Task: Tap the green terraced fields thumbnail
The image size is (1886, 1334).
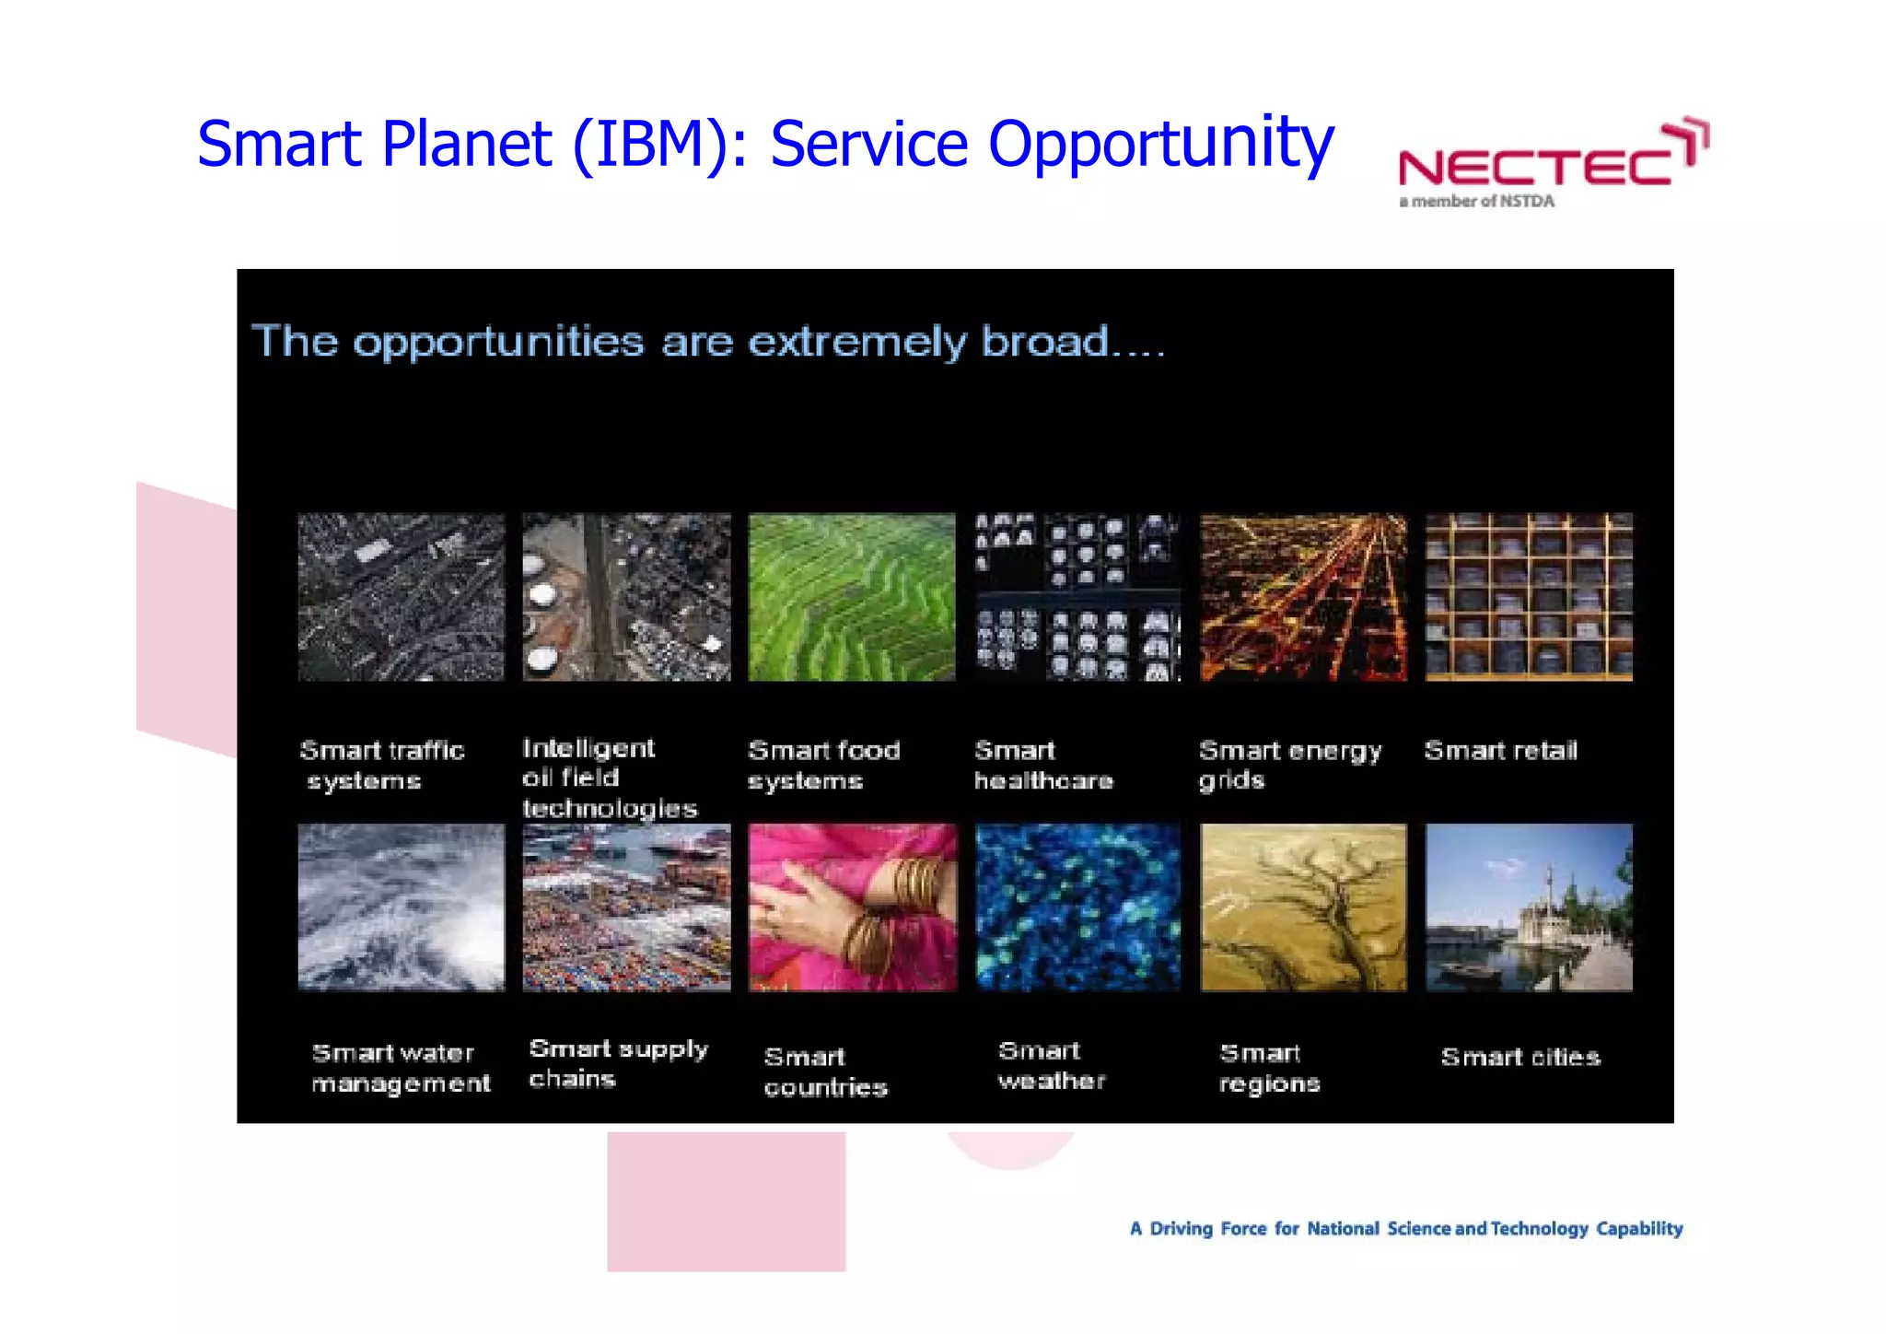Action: (x=852, y=597)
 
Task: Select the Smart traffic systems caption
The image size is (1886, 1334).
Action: (x=381, y=765)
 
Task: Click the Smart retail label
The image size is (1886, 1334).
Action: (x=1500, y=751)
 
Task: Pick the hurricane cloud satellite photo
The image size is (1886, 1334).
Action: (x=402, y=907)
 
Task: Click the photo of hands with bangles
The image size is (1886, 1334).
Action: (x=852, y=907)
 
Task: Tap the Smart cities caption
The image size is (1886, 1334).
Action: (x=1520, y=1057)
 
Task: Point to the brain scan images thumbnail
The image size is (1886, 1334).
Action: (x=1077, y=597)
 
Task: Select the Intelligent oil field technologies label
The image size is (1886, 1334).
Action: (x=608, y=778)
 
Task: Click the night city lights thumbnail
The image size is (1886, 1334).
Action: (x=1303, y=597)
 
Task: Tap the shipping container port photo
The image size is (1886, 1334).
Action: (x=626, y=907)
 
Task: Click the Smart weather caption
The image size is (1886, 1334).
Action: (x=1051, y=1065)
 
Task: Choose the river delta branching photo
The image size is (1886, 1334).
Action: (x=1303, y=907)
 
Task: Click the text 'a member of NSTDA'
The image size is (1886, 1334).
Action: (x=1476, y=201)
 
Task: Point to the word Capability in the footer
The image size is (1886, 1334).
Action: (x=1639, y=1228)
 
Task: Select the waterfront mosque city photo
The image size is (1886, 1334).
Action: (x=1529, y=907)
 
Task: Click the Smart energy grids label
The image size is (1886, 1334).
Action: (x=1289, y=765)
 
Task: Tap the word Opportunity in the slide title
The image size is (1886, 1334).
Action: (x=1160, y=145)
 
